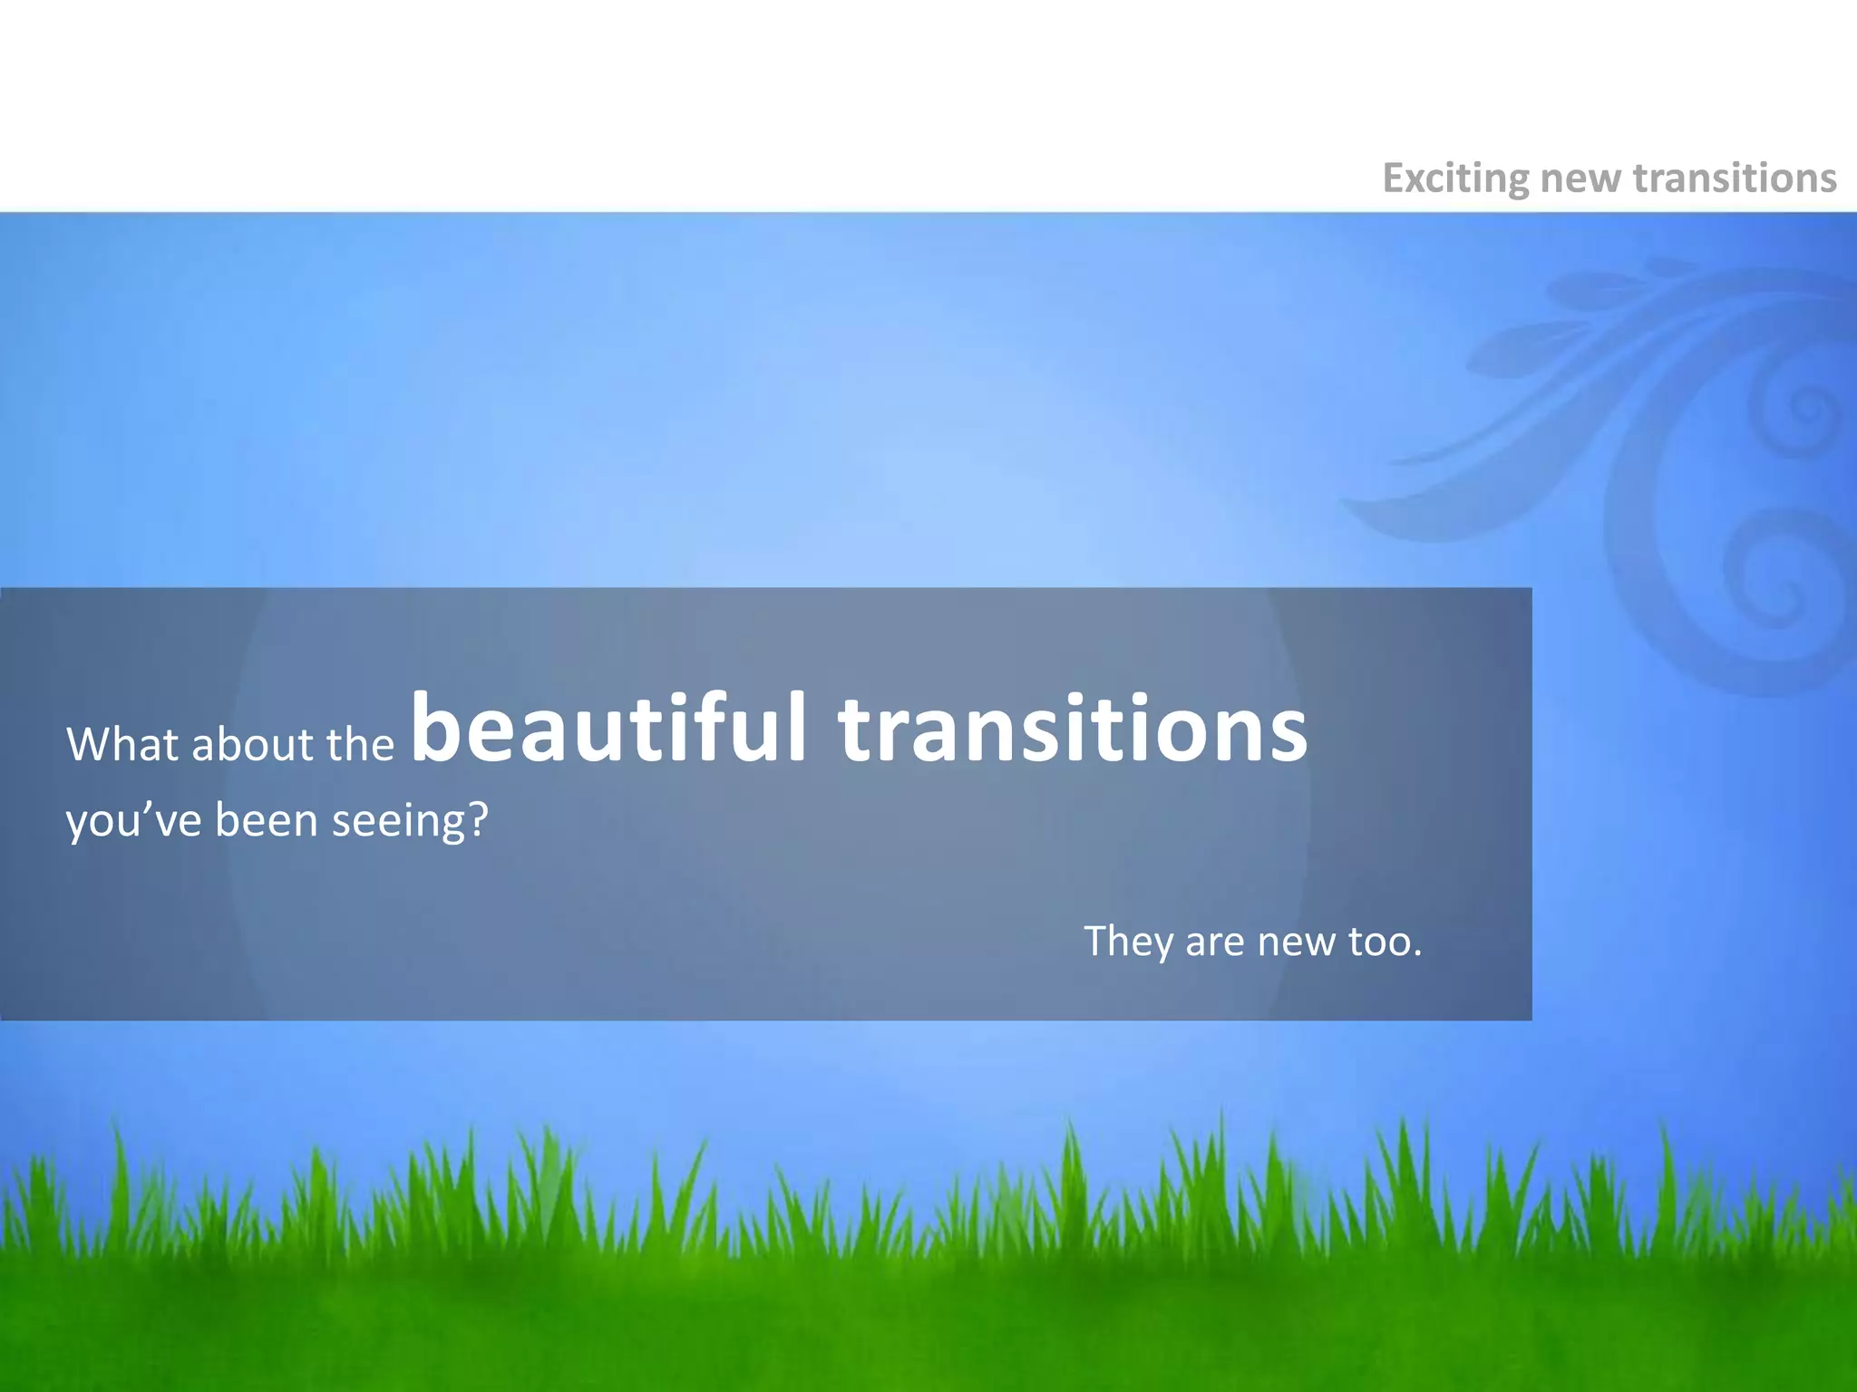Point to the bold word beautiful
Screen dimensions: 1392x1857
(608, 729)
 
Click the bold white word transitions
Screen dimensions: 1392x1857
(1073, 729)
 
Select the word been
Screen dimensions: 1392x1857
(266, 820)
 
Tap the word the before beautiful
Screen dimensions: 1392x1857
(360, 745)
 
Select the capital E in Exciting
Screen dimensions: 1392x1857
(1393, 179)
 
